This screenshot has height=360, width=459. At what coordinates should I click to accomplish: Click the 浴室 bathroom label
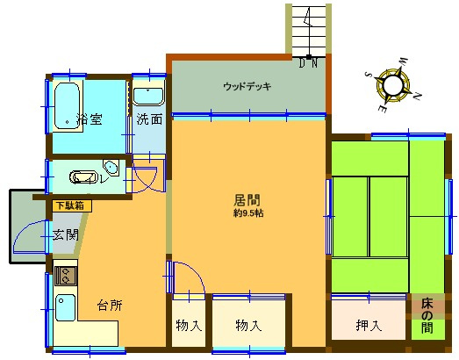(87, 119)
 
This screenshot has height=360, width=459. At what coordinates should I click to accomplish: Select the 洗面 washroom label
(149, 119)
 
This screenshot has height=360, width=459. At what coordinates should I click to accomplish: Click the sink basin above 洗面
(149, 96)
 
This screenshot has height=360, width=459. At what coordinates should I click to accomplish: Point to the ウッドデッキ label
(247, 86)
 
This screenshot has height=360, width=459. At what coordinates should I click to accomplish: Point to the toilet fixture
(84, 176)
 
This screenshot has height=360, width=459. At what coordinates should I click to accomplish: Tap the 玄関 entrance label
(65, 234)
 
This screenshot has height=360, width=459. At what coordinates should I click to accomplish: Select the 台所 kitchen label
(110, 306)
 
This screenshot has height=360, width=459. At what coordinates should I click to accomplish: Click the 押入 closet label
(369, 326)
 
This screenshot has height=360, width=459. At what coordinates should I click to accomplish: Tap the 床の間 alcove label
(427, 317)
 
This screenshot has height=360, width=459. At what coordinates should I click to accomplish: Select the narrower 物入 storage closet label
(188, 326)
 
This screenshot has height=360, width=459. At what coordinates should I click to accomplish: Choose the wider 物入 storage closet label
(248, 326)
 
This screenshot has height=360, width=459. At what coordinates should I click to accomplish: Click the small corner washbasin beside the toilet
(111, 169)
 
